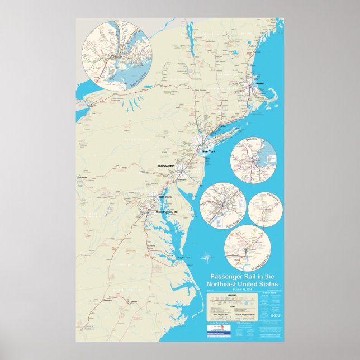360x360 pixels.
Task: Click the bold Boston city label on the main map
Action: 259,83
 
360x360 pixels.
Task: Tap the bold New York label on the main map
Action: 208,151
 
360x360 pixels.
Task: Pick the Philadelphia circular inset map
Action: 222,206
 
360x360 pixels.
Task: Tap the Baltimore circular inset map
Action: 266,209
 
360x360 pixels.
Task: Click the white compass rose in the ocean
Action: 208,258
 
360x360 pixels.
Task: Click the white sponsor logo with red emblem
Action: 220,328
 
